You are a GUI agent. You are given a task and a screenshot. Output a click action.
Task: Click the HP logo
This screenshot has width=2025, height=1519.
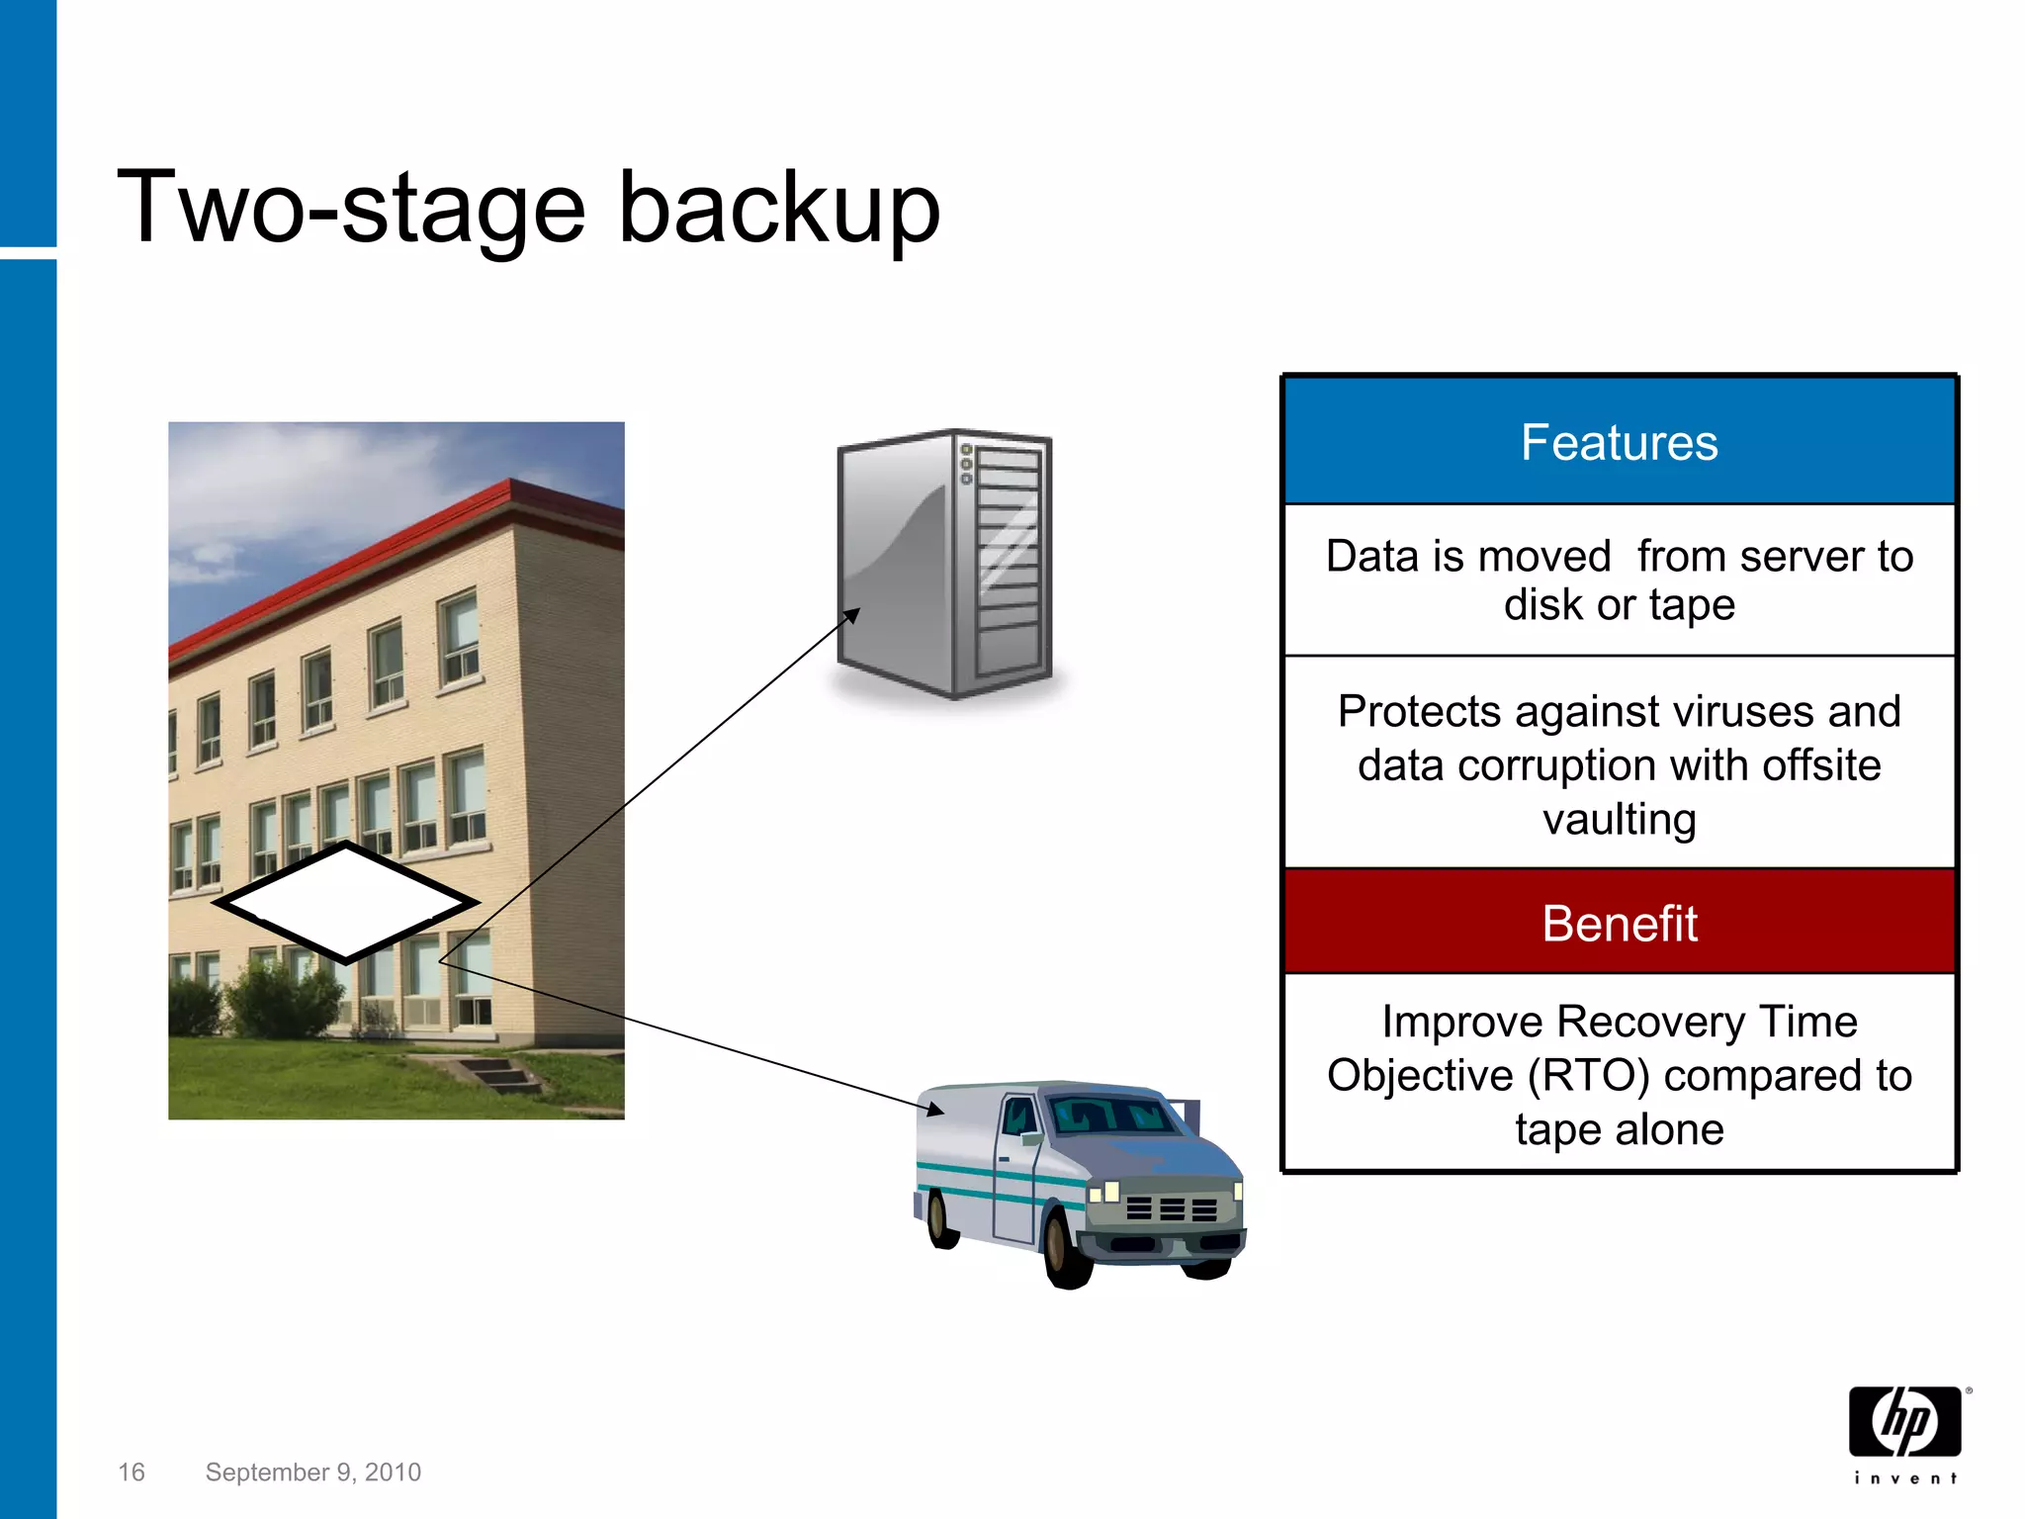coord(1904,1421)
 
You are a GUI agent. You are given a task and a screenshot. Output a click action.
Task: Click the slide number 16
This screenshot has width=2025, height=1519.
coord(132,1473)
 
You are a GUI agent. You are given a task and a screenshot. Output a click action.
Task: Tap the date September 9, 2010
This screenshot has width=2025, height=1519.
coord(312,1473)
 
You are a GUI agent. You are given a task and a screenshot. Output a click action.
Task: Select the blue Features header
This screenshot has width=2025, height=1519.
coord(1619,442)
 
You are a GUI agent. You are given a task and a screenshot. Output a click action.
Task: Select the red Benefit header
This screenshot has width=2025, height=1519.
coord(1619,924)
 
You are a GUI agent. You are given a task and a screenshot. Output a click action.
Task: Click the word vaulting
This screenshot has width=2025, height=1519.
coord(1619,820)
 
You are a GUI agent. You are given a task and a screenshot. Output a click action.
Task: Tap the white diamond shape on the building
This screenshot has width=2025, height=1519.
coord(346,902)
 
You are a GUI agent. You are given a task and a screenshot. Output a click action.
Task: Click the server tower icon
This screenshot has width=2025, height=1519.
coord(944,564)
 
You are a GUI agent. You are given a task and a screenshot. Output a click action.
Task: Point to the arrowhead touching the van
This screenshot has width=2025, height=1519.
coord(935,1111)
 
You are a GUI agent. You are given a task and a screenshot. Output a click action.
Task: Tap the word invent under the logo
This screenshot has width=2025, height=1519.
coord(1904,1478)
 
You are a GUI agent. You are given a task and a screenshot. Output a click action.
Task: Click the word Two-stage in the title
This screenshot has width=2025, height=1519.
coord(351,208)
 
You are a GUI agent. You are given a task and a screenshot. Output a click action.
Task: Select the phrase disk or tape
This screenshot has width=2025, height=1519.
coord(1619,605)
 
